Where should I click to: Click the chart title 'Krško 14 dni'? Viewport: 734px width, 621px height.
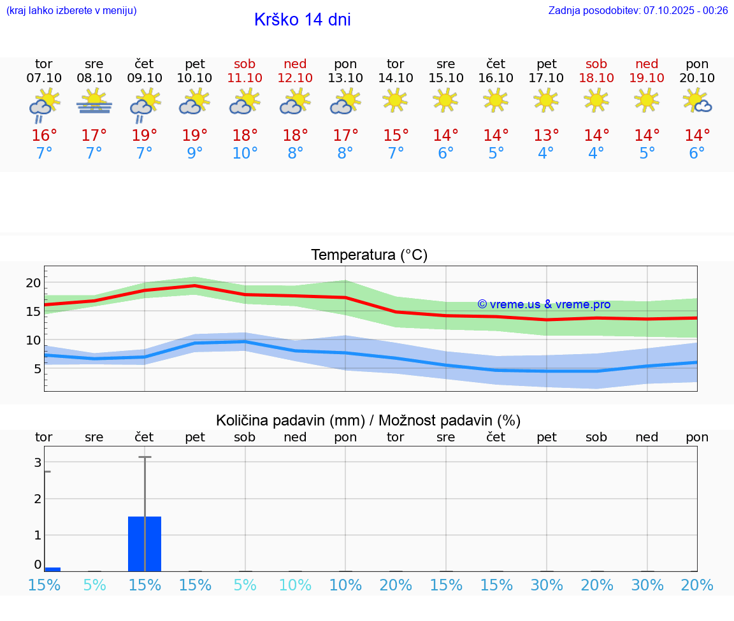click(302, 20)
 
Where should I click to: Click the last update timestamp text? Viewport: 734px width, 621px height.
click(638, 10)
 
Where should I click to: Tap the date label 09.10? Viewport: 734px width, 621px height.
click(144, 78)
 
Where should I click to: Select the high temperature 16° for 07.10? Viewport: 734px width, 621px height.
click(44, 136)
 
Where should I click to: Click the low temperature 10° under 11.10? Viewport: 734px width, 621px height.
click(245, 153)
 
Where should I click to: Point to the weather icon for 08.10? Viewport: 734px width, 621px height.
click(94, 102)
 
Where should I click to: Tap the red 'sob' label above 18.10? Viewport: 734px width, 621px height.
click(596, 64)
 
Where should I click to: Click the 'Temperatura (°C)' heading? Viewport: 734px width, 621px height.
click(369, 255)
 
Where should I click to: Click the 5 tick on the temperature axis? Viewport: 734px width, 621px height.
click(37, 369)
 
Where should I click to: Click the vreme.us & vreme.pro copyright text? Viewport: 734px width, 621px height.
click(543, 304)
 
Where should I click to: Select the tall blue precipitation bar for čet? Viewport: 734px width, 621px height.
click(145, 544)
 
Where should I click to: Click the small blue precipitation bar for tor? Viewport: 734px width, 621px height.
click(52, 569)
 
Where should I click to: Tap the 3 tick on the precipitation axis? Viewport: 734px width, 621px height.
click(38, 462)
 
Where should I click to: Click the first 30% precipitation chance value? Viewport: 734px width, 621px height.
click(546, 585)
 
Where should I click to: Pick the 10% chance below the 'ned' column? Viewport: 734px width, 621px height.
click(295, 585)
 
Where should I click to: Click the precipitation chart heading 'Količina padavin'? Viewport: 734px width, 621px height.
click(368, 420)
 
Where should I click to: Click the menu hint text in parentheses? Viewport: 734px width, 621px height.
click(71, 10)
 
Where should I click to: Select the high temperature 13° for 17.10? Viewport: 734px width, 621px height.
click(546, 136)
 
